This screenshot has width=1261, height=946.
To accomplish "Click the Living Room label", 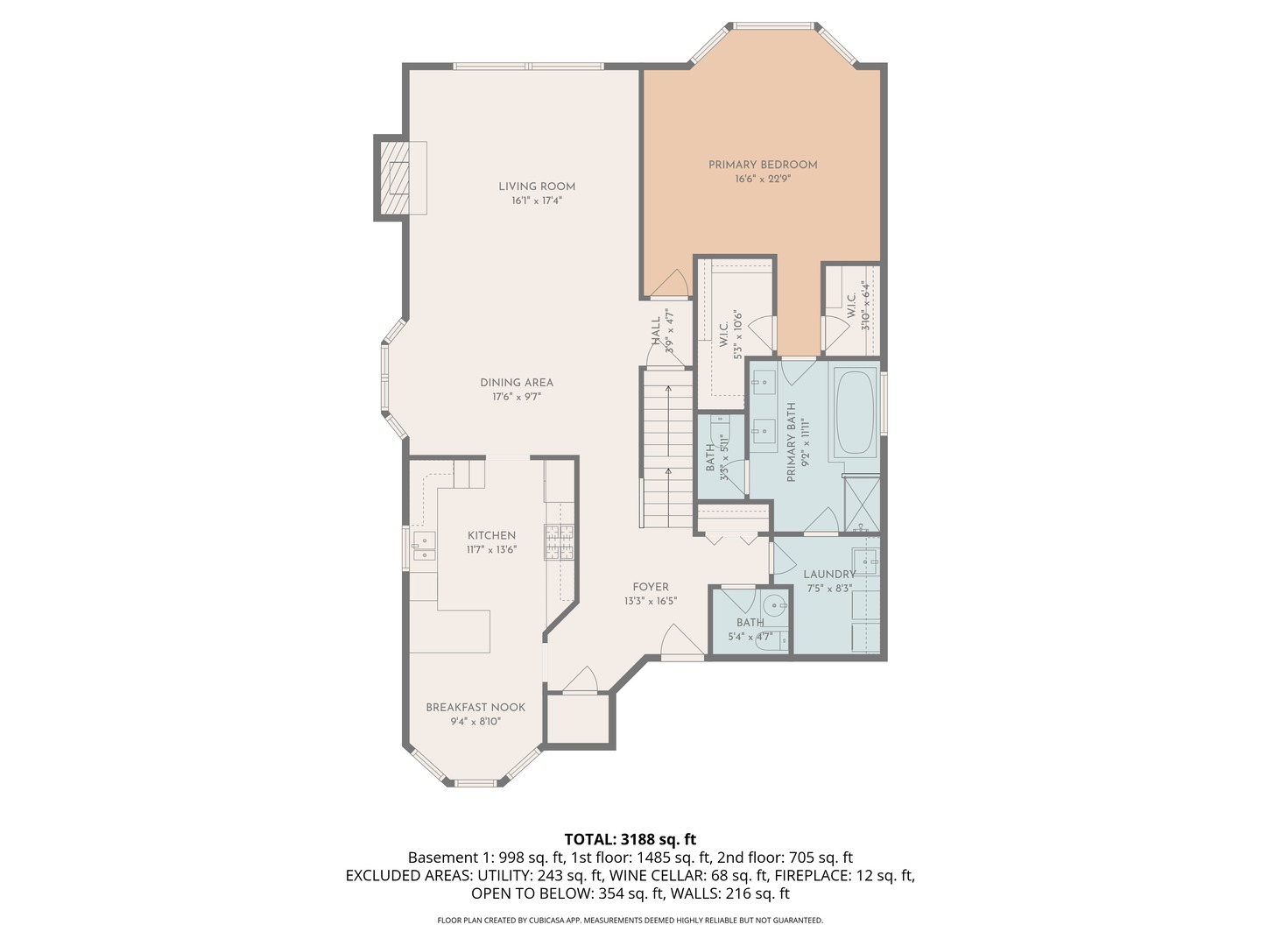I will point(537,186).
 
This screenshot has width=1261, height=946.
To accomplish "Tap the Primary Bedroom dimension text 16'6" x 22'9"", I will point(762,180).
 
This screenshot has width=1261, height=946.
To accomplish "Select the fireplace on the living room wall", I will point(398,179).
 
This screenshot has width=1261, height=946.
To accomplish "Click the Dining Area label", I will point(516,382).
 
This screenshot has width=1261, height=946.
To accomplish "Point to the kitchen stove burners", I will point(560,542).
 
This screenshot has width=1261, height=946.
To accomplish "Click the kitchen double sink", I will point(424,546).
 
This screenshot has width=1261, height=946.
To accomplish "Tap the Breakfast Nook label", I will point(476,707).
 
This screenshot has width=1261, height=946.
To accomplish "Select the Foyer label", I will point(651,587).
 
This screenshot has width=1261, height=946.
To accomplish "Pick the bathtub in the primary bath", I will point(855,411).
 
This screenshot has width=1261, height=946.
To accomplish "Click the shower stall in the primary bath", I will point(862,505).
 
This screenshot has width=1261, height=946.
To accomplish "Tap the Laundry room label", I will point(828,575).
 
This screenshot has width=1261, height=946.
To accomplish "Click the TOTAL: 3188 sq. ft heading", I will point(630,839).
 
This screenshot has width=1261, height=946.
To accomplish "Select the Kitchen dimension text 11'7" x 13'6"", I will point(491,550).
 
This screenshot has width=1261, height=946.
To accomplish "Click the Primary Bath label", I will point(791,441).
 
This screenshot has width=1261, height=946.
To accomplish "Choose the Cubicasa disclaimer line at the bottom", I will point(630,921).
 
